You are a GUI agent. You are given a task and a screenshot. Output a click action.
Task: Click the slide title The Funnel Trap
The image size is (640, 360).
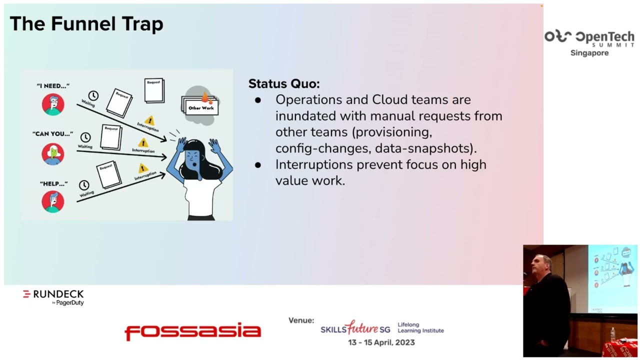pos(86,24)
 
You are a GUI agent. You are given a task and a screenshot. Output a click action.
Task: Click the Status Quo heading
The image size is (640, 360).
pos(283,83)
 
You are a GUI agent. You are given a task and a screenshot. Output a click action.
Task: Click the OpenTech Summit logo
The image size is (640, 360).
pos(589,38)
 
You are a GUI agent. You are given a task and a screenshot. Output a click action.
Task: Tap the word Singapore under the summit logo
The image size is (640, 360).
pos(589,53)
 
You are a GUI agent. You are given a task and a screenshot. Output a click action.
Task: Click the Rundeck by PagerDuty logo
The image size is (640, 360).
pos(53,297)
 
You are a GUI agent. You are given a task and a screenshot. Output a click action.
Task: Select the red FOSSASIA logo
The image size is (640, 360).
pos(192,331)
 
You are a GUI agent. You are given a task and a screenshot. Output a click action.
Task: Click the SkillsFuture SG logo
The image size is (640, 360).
pos(355,328)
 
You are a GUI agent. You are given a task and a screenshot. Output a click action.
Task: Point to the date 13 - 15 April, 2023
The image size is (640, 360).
pos(381,342)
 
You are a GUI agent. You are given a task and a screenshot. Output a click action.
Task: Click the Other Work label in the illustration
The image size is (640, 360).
pos(200,107)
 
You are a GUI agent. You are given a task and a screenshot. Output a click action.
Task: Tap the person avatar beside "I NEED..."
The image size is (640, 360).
pos(53,104)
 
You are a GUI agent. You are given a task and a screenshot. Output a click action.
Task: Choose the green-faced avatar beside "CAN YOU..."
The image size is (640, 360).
pos(53,154)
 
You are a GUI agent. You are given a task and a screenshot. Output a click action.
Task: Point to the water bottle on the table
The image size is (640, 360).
pos(612,334)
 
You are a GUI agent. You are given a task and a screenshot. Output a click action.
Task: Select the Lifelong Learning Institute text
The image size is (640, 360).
pos(420,327)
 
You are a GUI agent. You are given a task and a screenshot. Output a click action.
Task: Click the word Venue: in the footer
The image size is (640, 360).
pos(301,320)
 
